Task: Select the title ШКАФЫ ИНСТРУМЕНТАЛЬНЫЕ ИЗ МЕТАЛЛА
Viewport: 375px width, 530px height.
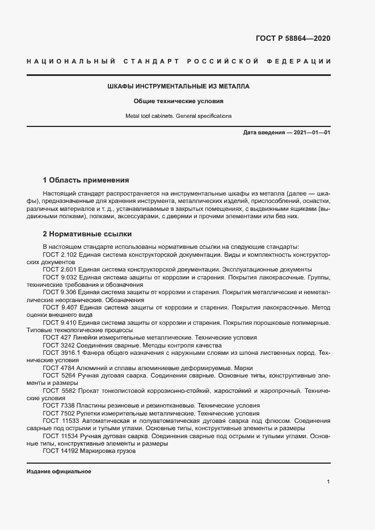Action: tap(178, 87)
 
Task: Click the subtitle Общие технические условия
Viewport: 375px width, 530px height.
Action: tap(178, 101)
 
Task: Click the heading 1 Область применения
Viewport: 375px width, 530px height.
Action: tap(86, 180)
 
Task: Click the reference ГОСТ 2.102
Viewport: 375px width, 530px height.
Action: tap(61, 255)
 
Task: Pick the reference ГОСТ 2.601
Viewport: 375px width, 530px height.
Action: tap(61, 270)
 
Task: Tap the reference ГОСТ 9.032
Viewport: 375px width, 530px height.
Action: tap(61, 278)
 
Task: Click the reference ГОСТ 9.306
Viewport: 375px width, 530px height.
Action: tap(61, 292)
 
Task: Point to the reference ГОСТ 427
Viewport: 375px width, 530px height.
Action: tap(57, 337)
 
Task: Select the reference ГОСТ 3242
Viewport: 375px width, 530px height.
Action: tap(58, 345)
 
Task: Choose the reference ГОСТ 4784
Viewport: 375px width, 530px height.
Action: tap(58, 368)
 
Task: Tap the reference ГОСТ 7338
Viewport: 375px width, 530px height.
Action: tap(58, 406)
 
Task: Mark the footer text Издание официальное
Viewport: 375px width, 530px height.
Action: tap(58, 472)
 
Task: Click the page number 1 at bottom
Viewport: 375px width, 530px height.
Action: tap(328, 481)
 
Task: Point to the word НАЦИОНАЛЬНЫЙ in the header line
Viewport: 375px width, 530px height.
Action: tap(71, 61)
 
